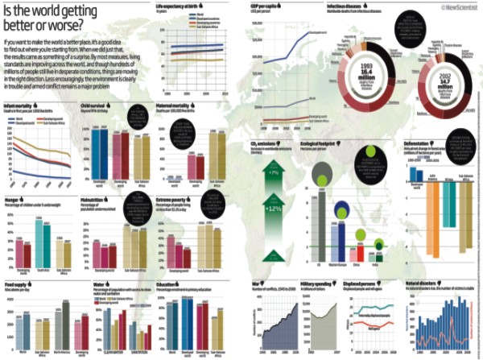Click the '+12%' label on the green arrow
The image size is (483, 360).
point(274,209)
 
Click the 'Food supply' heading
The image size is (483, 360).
point(17,283)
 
